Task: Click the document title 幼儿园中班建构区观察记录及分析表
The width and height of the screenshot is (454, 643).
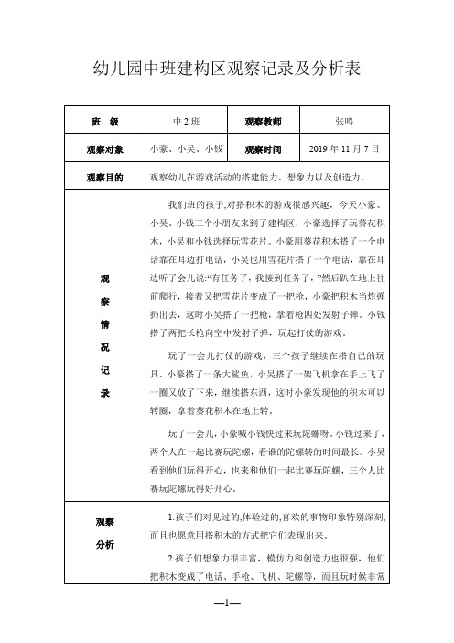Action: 227,68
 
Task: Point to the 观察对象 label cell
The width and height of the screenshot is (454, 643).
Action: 103,148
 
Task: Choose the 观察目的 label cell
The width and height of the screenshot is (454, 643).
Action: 103,176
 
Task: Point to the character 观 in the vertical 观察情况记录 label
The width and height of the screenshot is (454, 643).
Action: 103,278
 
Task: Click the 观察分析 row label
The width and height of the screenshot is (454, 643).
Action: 103,534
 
